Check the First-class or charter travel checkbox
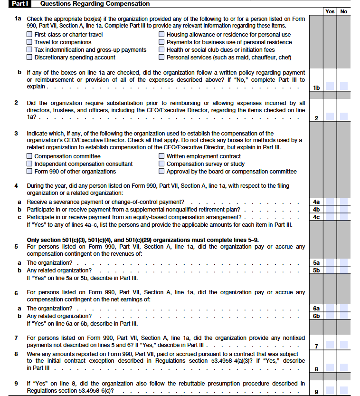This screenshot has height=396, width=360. (30, 35)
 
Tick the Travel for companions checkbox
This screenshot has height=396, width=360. (30, 42)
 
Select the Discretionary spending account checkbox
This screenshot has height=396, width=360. (30, 58)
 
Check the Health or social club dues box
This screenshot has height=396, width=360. (162, 50)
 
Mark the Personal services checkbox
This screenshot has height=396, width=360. (162, 58)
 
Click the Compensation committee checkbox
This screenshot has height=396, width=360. (30, 156)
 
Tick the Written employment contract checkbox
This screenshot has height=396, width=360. (162, 156)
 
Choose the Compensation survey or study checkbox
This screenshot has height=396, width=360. (162, 164)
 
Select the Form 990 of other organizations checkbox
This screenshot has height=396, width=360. (30, 172)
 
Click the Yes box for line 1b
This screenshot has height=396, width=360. (330, 87)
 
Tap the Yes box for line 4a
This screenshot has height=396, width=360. (330, 202)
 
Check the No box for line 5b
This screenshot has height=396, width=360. (344, 270)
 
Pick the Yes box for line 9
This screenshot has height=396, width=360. (330, 391)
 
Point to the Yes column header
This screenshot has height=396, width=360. (330, 11)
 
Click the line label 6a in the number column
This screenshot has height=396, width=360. (316, 308)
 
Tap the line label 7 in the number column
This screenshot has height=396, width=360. (316, 346)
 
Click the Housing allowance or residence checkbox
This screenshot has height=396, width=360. (162, 35)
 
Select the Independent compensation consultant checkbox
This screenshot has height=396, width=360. (30, 164)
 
